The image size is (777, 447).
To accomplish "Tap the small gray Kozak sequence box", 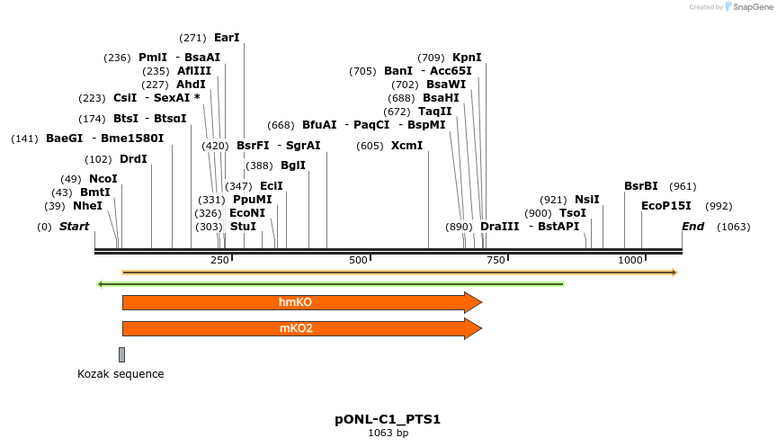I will (x=121, y=354).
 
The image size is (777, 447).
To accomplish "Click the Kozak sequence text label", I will (x=121, y=374).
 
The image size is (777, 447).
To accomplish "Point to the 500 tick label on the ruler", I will (x=359, y=260).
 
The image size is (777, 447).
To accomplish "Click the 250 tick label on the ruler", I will (x=220, y=260).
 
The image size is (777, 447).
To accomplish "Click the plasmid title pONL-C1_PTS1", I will (x=388, y=419).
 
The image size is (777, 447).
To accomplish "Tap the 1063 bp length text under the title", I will (x=388, y=434).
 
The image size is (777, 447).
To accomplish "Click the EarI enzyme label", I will (x=227, y=38).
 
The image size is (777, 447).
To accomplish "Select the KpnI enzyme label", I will (x=467, y=57).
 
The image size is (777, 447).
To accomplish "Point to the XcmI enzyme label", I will (x=406, y=146).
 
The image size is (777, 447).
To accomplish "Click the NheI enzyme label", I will (x=87, y=206).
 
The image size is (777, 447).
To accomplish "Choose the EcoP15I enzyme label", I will (x=666, y=206).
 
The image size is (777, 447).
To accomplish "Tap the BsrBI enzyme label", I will (x=641, y=186).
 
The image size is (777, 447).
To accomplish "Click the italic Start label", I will (x=74, y=227).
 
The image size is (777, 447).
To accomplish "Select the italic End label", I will (x=692, y=227).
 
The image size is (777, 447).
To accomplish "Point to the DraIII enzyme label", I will (x=499, y=227).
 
